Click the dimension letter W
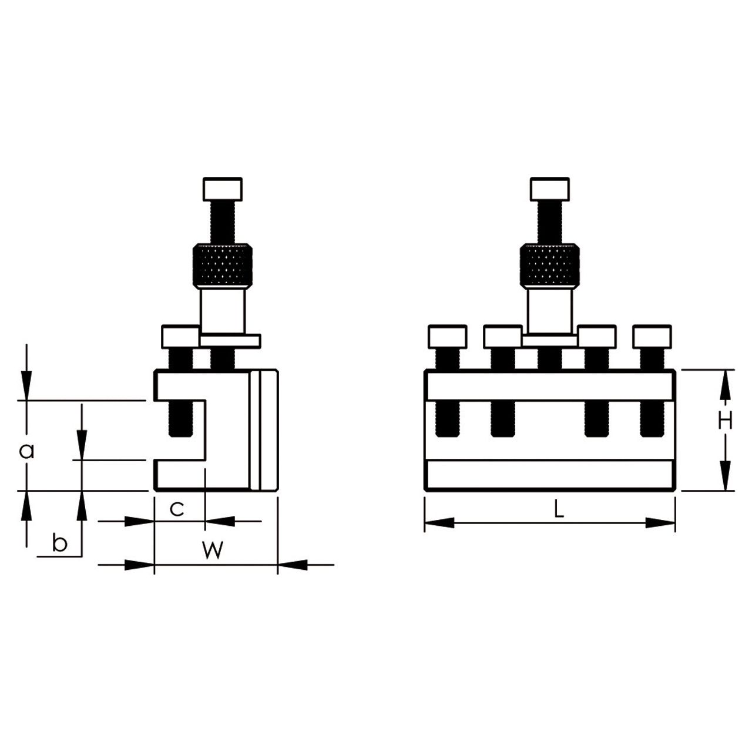click(213, 550)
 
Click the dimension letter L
click(559, 509)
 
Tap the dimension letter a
click(27, 452)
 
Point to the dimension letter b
click(59, 543)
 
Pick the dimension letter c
click(177, 509)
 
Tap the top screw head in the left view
click(223, 190)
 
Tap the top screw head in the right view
click(550, 190)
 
